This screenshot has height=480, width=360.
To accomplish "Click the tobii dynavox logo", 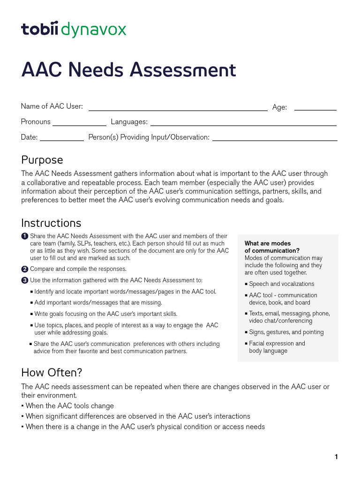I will tap(74, 30).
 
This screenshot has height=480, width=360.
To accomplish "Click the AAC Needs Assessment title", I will tap(128, 70).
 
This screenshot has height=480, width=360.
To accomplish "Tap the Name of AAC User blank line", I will tap(178, 107).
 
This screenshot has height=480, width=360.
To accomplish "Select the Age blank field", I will tap(315, 107).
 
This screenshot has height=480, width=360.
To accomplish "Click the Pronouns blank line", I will tap(79, 123).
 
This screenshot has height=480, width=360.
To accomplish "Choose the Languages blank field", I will tap(243, 123).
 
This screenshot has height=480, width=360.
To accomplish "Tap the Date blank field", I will tap(61, 138).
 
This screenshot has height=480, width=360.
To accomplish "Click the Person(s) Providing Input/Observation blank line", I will tap(275, 138).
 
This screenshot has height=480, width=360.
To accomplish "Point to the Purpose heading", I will tap(42, 160).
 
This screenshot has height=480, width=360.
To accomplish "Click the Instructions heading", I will tap(51, 223).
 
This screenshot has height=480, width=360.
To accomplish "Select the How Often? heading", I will tap(52, 373).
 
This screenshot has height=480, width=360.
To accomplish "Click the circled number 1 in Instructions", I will tap(25, 236).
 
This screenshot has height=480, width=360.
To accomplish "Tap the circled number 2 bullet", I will tap(25, 269).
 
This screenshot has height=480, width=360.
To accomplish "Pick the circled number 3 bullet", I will tap(25, 280).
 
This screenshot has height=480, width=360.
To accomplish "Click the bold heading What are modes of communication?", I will tap(272, 247).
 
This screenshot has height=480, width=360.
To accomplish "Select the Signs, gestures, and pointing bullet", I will tap(286, 332).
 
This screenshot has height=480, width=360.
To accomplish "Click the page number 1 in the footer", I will tap(336, 457).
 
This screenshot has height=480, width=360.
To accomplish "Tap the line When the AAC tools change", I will tap(69, 406).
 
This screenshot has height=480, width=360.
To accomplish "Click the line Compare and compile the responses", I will tap(78, 269).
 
